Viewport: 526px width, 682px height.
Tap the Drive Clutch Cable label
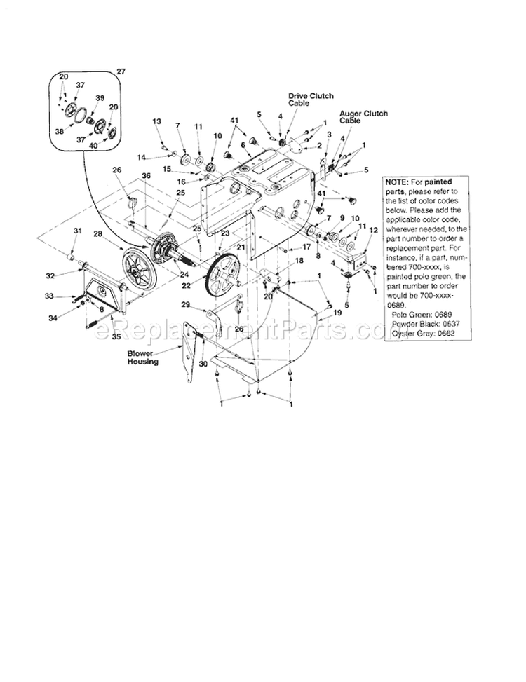click(x=310, y=98)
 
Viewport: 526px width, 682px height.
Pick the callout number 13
click(x=156, y=121)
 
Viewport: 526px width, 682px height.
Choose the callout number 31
click(x=78, y=231)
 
